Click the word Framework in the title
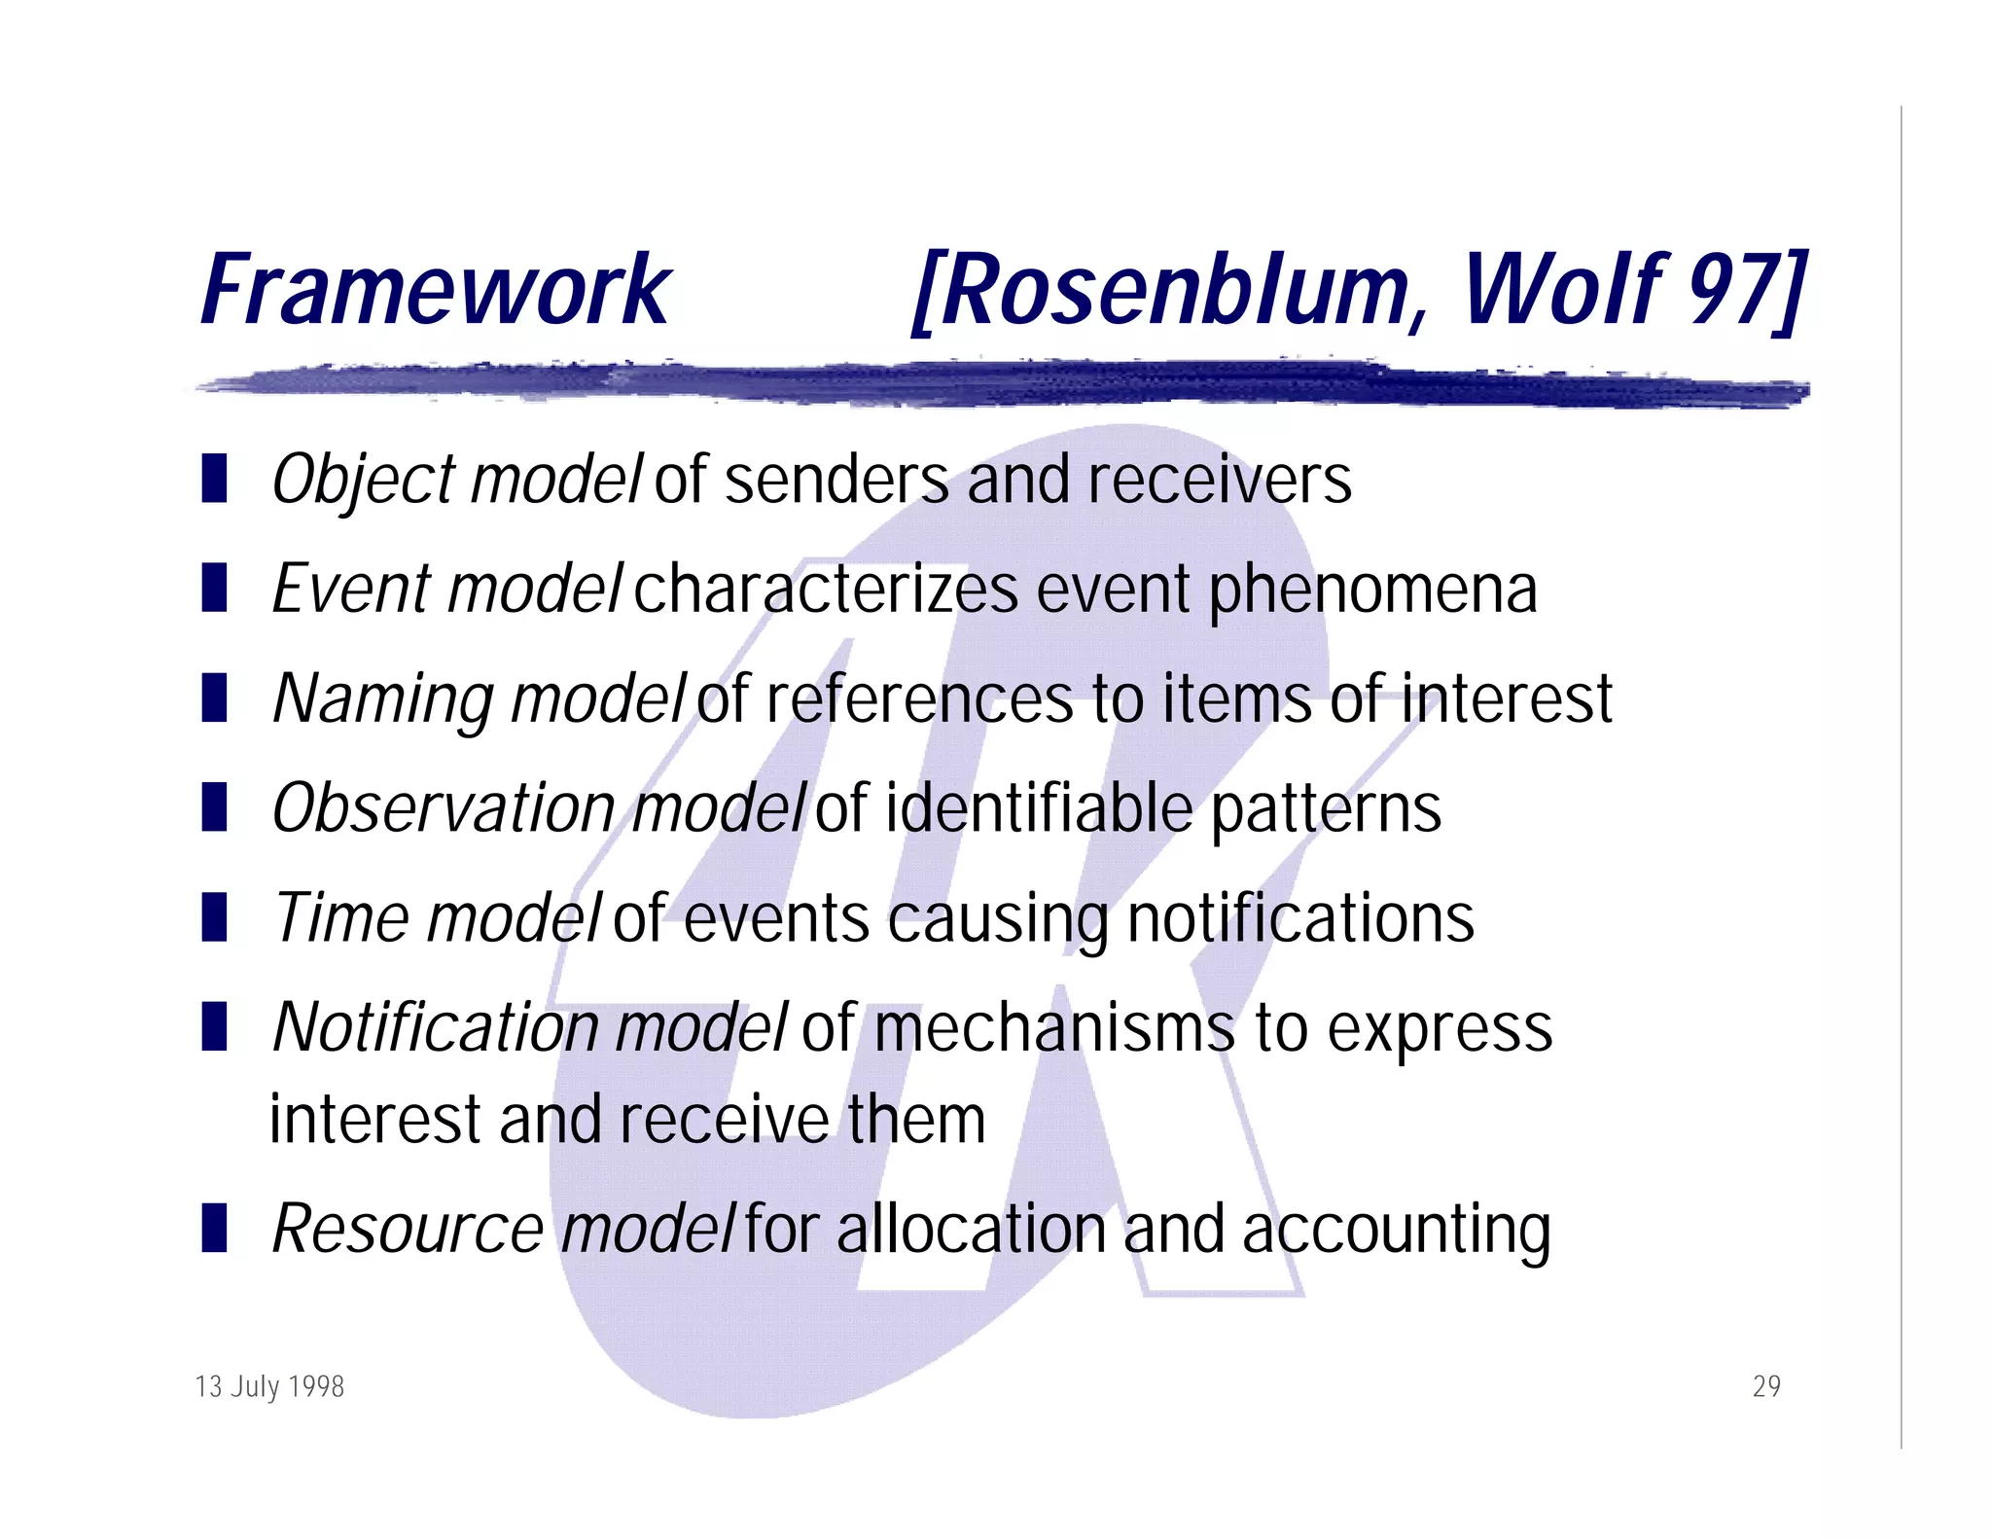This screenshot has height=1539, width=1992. [435, 289]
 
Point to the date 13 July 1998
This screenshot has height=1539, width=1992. [269, 1386]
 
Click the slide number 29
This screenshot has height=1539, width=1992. [1766, 1386]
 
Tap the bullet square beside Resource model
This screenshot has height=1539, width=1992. [214, 1227]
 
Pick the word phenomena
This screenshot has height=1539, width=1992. [1372, 591]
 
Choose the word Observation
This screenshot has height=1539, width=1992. [444, 808]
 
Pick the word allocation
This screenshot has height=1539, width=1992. [971, 1230]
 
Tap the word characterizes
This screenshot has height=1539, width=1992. [826, 591]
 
